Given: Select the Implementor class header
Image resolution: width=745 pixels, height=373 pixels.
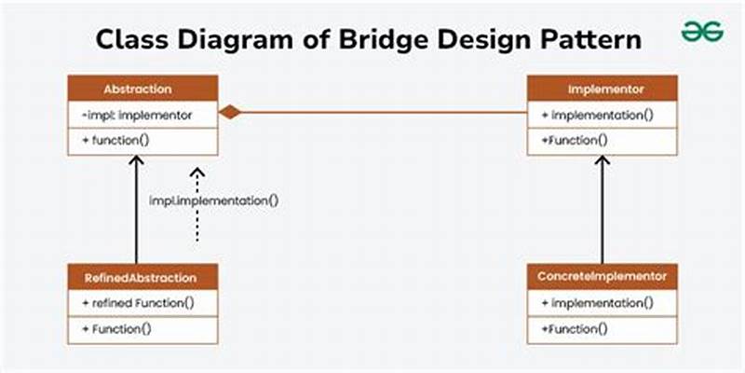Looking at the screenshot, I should (x=603, y=90).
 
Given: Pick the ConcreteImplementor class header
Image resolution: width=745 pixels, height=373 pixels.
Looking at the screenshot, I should (x=603, y=277).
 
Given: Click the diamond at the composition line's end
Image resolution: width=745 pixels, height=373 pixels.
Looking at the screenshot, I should (x=230, y=113).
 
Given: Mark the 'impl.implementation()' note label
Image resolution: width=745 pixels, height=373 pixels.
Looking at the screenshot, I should (x=214, y=200).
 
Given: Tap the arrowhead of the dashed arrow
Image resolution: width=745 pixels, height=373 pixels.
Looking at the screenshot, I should (x=197, y=173).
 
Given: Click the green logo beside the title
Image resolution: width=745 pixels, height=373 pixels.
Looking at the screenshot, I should (x=703, y=33).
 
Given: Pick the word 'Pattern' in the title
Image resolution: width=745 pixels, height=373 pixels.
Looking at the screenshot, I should (x=589, y=40).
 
